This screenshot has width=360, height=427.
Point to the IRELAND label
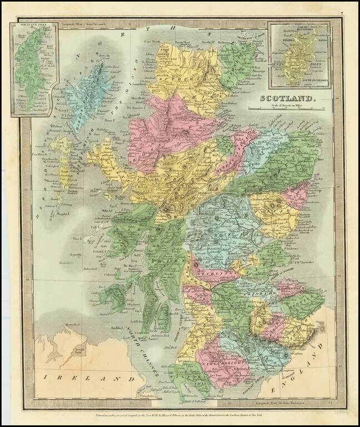[x=84, y=378]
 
